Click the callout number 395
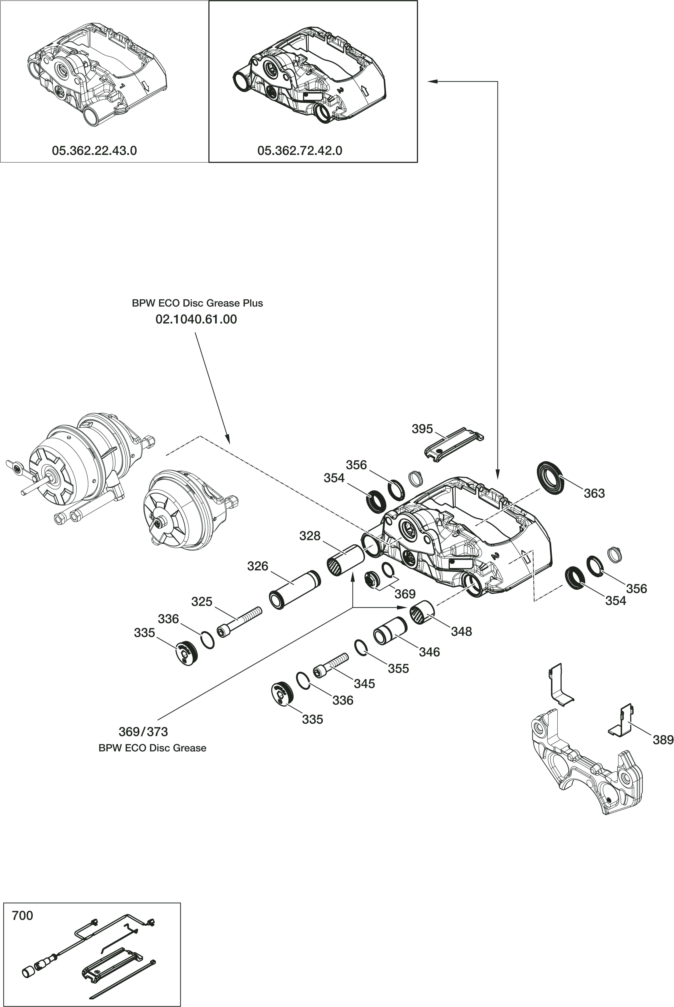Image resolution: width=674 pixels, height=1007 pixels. [x=422, y=429]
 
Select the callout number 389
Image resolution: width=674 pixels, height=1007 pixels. [x=663, y=740]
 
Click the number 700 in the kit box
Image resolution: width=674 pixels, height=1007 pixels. [x=22, y=916]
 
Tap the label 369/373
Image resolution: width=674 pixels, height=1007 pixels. [x=143, y=732]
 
